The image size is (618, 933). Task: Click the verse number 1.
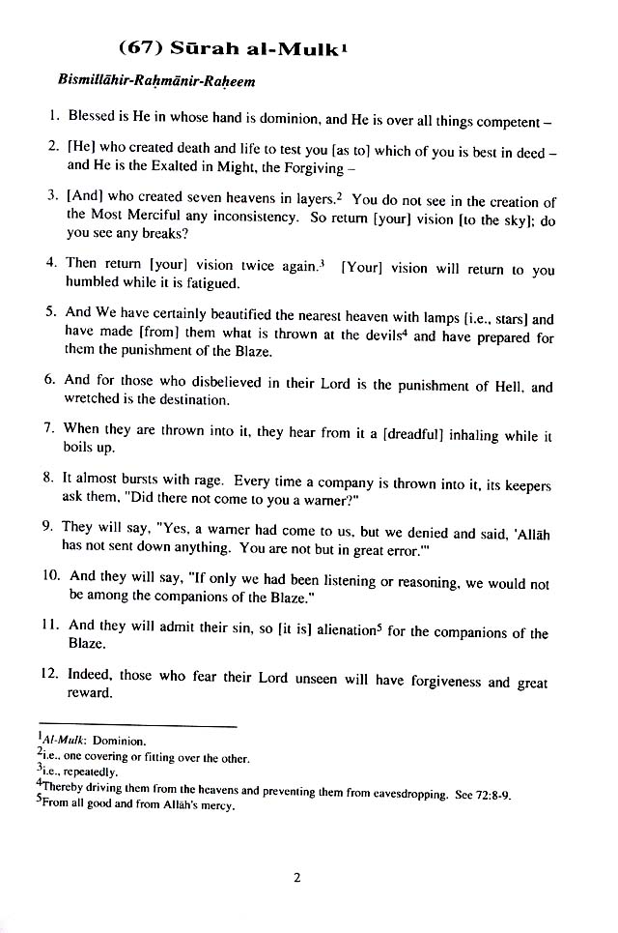click(x=54, y=116)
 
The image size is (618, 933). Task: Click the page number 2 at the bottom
click(x=298, y=878)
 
